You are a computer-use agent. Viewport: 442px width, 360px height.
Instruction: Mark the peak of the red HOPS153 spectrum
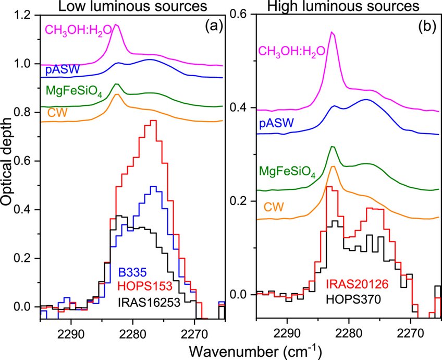click(153, 121)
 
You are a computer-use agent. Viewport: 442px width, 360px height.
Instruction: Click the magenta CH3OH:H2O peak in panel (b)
click(332, 32)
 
